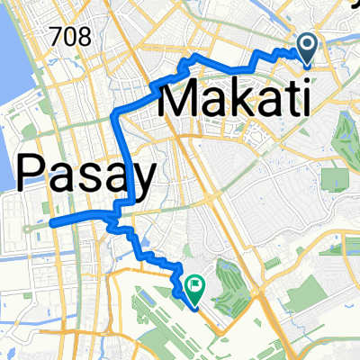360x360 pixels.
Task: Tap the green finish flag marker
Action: pos(193,286)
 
